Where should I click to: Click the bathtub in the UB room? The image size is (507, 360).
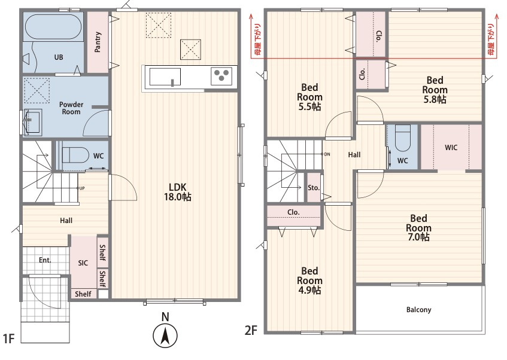point(53,27)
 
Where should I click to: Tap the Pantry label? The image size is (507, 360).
point(98,42)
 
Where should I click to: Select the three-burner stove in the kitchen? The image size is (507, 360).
point(221,76)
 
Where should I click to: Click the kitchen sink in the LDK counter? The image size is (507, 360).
point(165,77)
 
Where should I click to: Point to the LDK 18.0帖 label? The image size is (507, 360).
point(178,192)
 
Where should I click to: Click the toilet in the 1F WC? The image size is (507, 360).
point(75,155)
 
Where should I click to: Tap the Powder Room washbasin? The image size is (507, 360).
point(33,121)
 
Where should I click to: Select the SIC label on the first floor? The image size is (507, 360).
point(83,263)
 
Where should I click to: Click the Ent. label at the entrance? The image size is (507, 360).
point(45,260)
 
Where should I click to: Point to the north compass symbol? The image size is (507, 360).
point(165,336)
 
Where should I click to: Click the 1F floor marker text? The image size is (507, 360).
point(9,338)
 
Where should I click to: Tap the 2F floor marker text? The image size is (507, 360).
point(251,331)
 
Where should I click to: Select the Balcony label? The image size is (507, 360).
point(419,310)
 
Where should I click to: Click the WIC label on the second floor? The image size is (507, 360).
point(451,148)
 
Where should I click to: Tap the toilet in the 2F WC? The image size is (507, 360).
point(403,138)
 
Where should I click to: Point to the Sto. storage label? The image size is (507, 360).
point(314,188)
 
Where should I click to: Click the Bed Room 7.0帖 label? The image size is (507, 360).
point(418,227)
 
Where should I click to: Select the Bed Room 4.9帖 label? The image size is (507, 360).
point(309,280)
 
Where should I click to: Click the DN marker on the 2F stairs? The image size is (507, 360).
point(327,154)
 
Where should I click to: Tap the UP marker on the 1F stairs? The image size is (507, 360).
point(82,188)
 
